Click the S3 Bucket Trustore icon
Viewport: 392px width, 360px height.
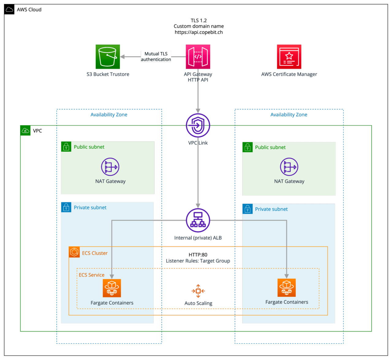click(x=107, y=57)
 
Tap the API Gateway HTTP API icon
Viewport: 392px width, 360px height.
click(x=198, y=57)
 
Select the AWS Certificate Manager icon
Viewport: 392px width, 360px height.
click(x=289, y=57)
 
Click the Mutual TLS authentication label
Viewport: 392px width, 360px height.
click(x=156, y=57)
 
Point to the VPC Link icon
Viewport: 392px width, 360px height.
click(x=198, y=125)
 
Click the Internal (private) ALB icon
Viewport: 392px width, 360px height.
click(x=198, y=220)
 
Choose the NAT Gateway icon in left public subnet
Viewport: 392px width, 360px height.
click(x=110, y=167)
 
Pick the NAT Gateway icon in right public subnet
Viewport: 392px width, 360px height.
click(x=289, y=167)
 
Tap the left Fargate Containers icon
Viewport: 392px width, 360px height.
click(x=112, y=288)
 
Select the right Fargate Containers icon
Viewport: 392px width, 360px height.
click(x=287, y=288)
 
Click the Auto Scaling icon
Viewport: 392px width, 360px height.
click(x=198, y=291)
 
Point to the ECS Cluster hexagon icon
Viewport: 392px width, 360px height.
click(x=74, y=252)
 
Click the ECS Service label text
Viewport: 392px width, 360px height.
click(x=92, y=275)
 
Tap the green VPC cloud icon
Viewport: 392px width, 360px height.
click(x=25, y=131)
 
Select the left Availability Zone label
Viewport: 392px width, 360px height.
click(x=109, y=115)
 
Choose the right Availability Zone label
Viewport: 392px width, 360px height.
click(x=289, y=115)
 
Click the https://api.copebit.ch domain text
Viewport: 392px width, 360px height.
click(x=199, y=32)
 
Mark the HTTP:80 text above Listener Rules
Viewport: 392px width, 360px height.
click(x=198, y=255)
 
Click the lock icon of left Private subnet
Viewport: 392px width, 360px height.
click(x=66, y=207)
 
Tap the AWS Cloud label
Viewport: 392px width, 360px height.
click(x=29, y=10)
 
